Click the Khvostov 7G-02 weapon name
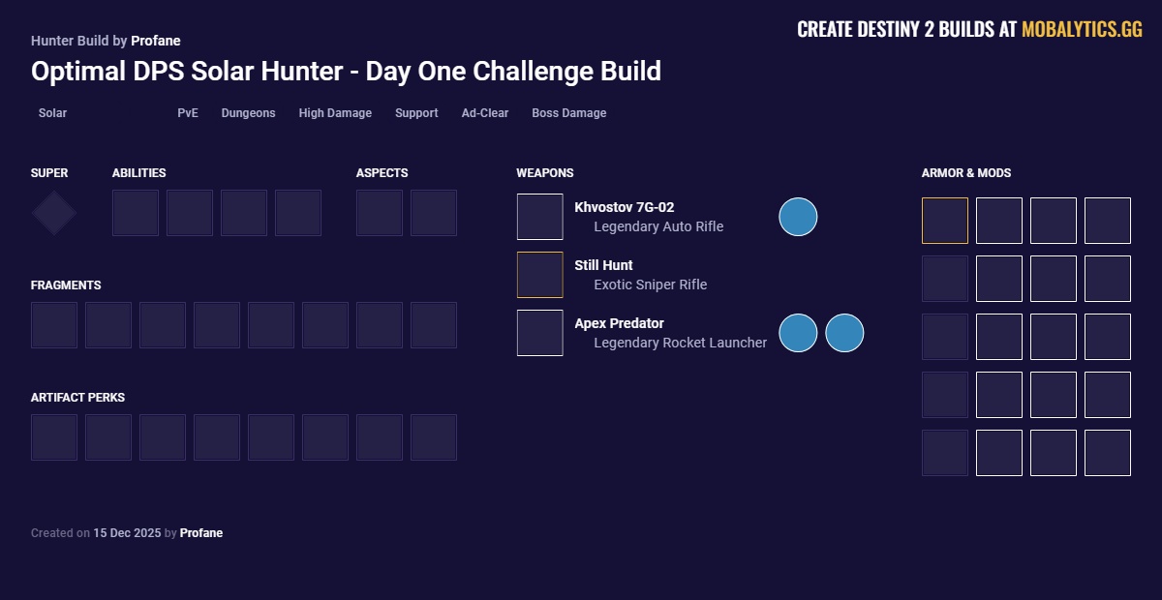coord(624,207)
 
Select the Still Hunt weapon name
coord(603,265)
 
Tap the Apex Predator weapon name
coord(619,323)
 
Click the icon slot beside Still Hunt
coord(539,275)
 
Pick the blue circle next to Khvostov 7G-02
coord(798,217)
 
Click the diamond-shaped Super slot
coord(54,213)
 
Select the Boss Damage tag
coord(568,113)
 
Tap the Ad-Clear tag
coord(484,113)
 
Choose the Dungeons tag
coord(248,113)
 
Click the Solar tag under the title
coord(52,113)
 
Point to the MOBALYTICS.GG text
coord(1082,30)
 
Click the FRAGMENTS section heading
coord(66,285)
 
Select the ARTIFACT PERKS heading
coord(77,398)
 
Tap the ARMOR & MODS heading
coord(965,173)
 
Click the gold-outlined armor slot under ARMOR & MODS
coord(944,221)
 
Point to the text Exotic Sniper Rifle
coord(650,285)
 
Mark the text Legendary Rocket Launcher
coord(680,343)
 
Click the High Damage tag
coord(335,113)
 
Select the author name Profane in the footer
coord(201,533)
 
